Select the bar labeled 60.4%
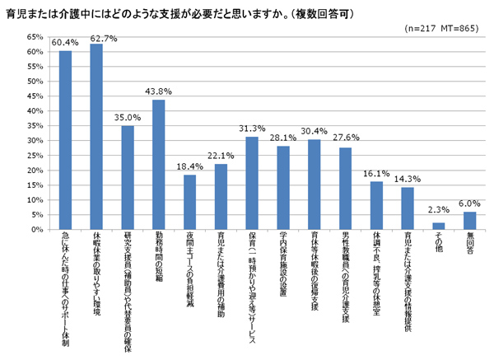(65, 140)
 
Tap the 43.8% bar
(158, 165)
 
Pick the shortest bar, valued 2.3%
(439, 227)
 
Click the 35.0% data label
(127, 118)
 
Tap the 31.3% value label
(252, 129)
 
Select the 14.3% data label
(408, 179)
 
